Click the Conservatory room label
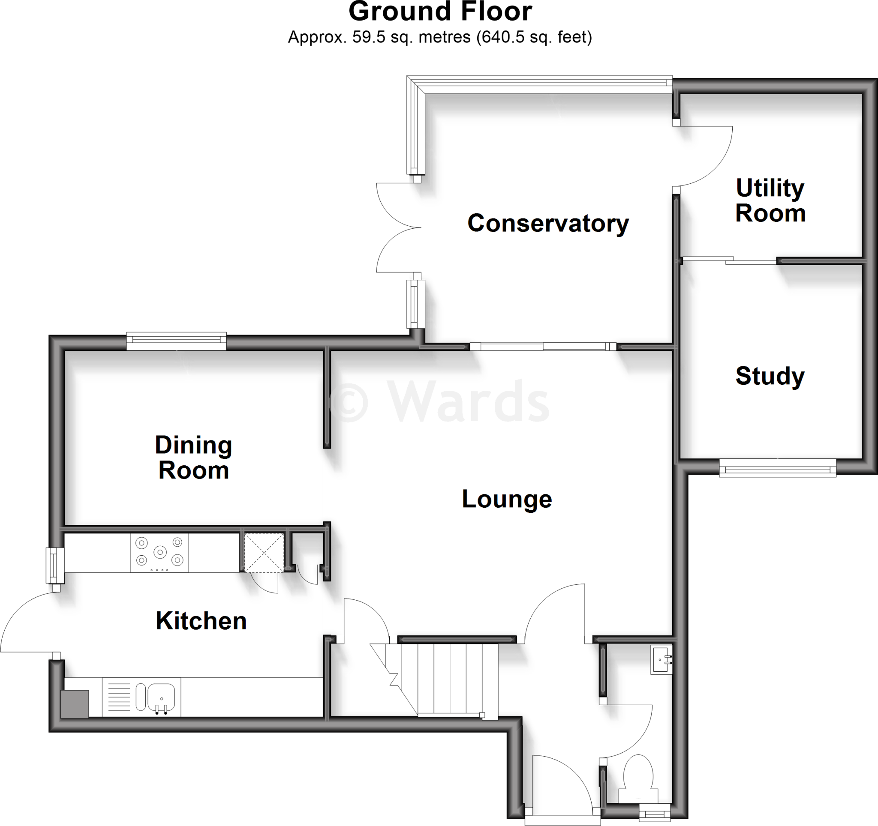click(547, 223)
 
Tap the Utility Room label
click(770, 201)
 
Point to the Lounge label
click(507, 499)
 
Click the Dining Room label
click(193, 458)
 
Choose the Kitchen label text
click(201, 621)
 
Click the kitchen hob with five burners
click(159, 552)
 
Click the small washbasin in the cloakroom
click(661, 660)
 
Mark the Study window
click(777, 467)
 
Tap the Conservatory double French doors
click(397, 228)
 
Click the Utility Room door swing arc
click(707, 159)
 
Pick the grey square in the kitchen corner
click(74, 703)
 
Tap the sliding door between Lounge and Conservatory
click(543, 346)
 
